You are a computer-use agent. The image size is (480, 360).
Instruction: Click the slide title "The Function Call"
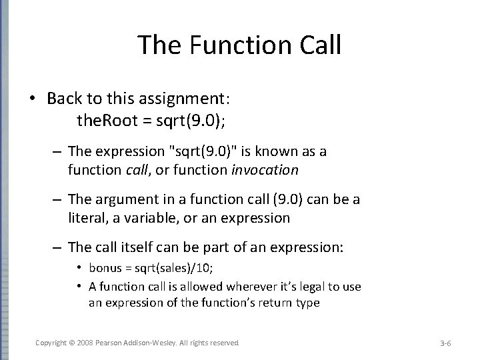click(x=239, y=45)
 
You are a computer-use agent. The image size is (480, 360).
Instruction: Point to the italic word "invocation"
click(x=265, y=170)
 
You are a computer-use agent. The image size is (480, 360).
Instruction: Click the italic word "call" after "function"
click(x=136, y=170)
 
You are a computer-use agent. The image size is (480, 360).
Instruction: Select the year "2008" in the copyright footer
click(x=85, y=342)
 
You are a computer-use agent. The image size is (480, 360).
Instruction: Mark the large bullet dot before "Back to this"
click(x=32, y=99)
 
